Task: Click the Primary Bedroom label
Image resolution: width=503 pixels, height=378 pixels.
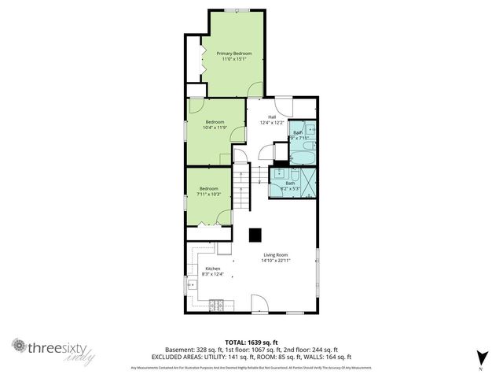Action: point(234,53)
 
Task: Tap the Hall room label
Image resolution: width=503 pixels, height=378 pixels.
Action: point(272,117)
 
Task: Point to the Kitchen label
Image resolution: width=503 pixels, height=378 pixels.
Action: point(213,269)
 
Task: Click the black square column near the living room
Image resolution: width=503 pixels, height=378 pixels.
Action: point(255,235)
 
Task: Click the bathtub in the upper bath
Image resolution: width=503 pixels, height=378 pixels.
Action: point(304,157)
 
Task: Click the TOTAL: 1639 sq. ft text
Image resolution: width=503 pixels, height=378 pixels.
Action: point(251,343)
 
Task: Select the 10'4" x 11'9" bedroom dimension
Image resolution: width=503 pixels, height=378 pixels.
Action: point(215,128)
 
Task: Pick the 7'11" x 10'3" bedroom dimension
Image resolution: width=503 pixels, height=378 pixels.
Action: point(209,195)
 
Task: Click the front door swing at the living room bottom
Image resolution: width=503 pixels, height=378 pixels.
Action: point(258,302)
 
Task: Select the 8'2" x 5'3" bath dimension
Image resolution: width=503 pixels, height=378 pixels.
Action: point(291,189)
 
